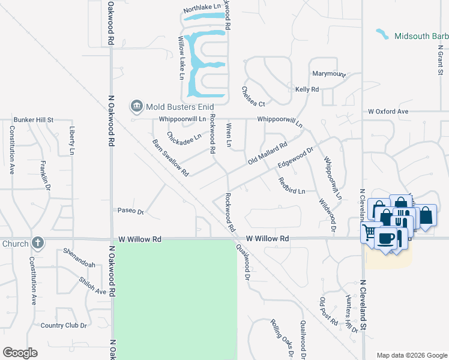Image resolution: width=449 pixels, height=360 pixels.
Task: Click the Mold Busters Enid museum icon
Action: [136, 107]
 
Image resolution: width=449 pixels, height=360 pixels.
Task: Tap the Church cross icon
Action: [38, 243]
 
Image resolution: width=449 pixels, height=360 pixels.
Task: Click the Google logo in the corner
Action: [20, 353]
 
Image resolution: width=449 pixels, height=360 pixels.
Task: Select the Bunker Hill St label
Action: [34, 120]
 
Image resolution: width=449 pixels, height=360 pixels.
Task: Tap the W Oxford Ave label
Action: [388, 112]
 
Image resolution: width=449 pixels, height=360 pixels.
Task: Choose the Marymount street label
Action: [329, 74]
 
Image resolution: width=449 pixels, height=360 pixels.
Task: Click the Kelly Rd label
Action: [307, 89]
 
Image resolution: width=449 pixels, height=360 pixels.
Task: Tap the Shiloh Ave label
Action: [92, 286]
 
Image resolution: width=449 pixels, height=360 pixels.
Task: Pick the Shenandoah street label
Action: [79, 258]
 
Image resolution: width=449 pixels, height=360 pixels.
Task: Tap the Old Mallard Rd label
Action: [268, 154]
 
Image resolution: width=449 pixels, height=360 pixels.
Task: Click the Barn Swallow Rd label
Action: [170, 158]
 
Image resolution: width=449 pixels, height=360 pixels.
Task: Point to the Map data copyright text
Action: [411, 355]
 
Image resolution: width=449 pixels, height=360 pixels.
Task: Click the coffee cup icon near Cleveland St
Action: [385, 238]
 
